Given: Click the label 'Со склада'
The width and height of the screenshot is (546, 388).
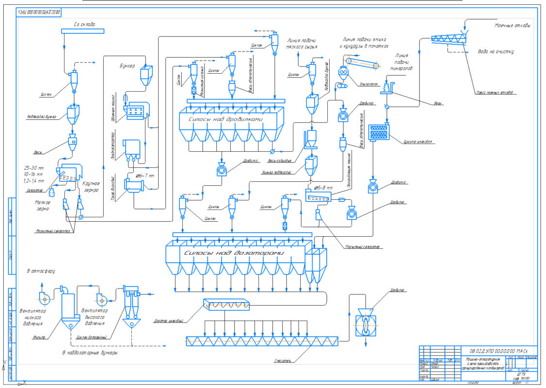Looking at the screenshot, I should coord(84,24).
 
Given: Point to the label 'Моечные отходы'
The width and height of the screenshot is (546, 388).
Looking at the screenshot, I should coord(512,25).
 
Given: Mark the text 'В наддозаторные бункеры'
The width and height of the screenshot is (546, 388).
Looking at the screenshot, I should coord(90,353).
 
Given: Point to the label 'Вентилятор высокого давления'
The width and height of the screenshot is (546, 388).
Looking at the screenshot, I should coord(95,317).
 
